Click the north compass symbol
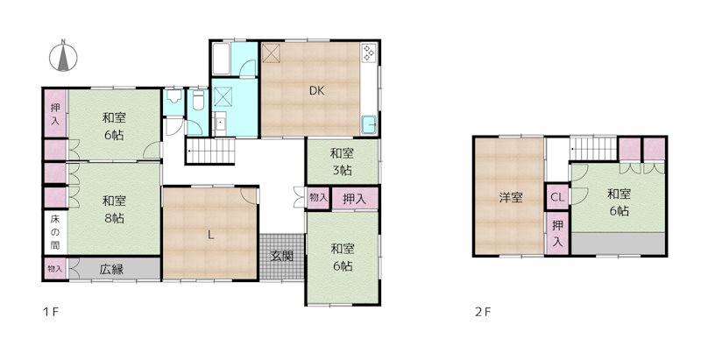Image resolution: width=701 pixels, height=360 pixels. [x=63, y=56]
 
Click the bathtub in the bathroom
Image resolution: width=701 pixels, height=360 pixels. [x=221, y=59]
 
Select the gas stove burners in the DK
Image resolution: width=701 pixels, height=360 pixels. [x=369, y=53]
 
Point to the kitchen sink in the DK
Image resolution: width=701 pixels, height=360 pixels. [x=369, y=124]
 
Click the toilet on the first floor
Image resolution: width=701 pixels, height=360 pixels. [x=198, y=101]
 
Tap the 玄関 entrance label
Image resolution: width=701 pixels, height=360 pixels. [x=282, y=256]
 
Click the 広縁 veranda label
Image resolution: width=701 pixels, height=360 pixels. [x=111, y=269]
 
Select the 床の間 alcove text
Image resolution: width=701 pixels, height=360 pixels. [x=55, y=232]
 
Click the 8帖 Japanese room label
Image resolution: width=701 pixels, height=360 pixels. [x=114, y=210]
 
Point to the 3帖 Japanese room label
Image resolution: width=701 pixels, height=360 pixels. [x=342, y=162]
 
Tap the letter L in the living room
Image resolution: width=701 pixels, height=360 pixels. [x=210, y=236]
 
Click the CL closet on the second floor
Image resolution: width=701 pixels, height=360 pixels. [x=557, y=197]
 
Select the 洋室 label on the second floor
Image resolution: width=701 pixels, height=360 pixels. [x=511, y=197]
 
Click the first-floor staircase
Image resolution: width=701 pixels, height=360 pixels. [x=210, y=151]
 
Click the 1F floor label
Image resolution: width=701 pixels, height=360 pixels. [x=51, y=312]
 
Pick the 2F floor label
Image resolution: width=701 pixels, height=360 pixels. [x=483, y=312]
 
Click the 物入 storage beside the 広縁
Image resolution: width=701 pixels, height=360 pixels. [x=55, y=269]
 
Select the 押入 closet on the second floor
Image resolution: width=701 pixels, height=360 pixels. [x=557, y=233]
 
